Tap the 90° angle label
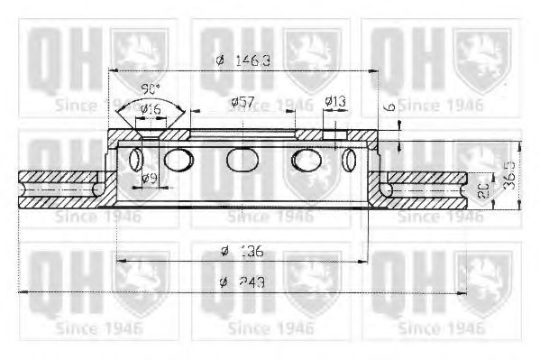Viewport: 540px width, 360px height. coord(150,90)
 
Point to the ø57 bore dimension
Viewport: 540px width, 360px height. coord(241,102)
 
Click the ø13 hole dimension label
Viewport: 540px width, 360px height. coord(334,102)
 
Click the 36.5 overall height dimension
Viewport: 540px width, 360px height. coord(510,176)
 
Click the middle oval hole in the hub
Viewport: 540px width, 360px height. coord(242,160)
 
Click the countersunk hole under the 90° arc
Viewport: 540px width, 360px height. coord(150,134)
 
